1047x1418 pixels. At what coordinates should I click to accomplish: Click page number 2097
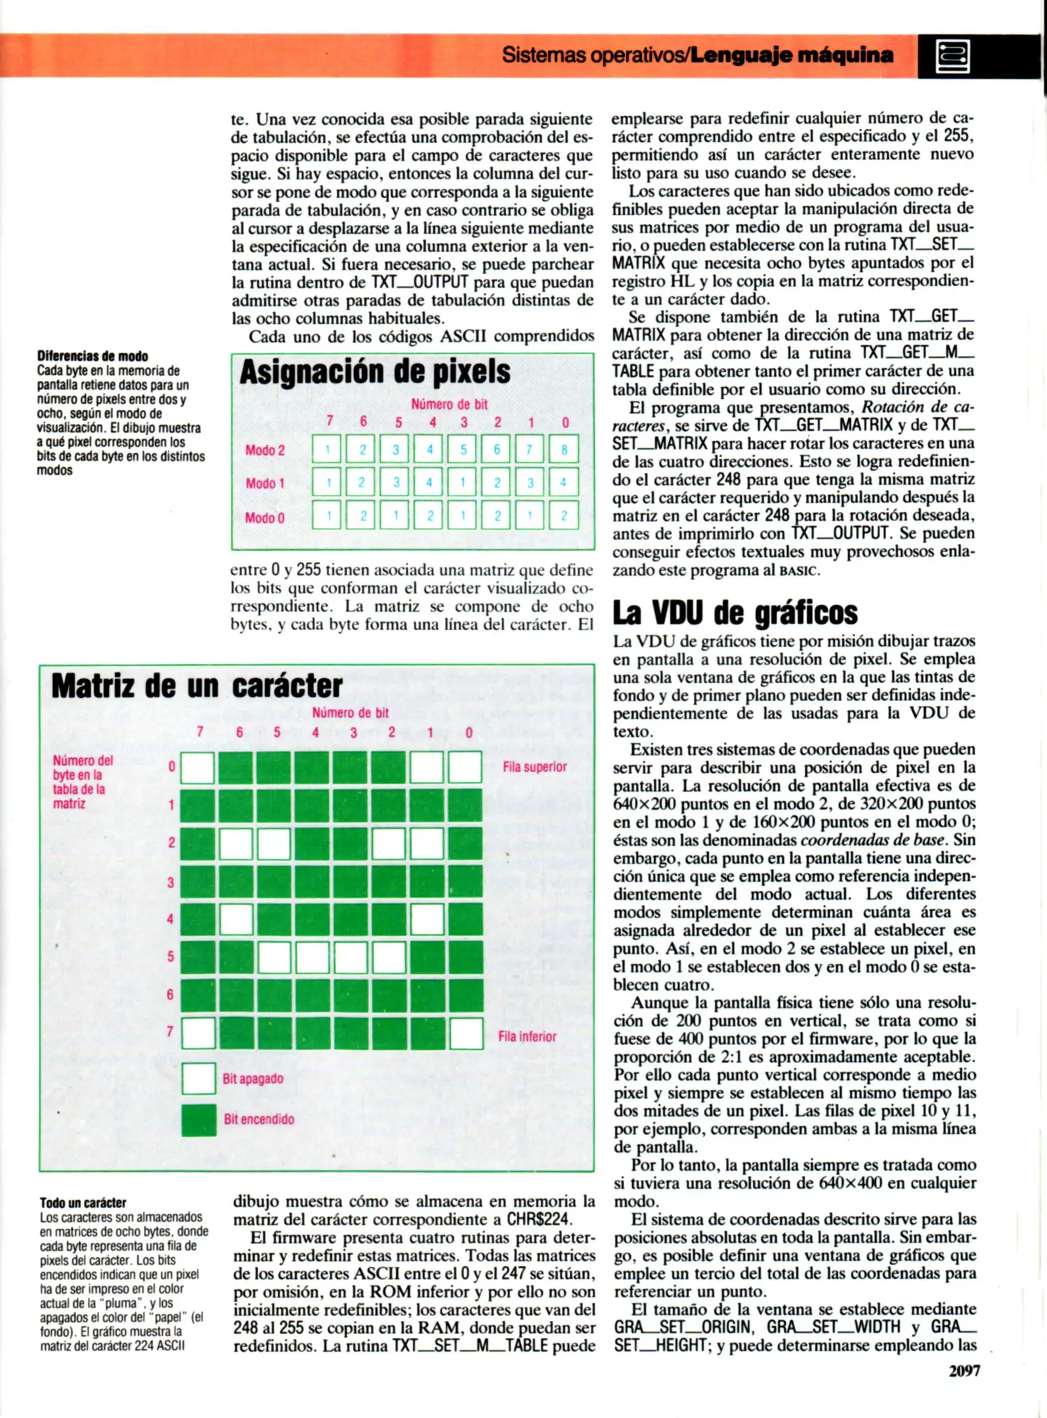point(964,1370)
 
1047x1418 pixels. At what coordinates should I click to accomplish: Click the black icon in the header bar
point(952,56)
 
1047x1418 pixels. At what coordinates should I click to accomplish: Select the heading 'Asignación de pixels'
point(375,372)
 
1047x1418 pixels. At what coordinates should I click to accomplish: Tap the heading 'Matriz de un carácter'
point(197,686)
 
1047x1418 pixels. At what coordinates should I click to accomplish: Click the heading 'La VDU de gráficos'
point(735,612)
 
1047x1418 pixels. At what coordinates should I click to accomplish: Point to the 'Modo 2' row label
point(265,450)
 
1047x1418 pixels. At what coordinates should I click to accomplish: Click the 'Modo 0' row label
point(265,518)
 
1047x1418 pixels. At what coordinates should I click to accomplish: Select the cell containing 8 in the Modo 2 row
point(564,450)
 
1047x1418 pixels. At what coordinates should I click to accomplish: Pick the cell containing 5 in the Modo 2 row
point(463,450)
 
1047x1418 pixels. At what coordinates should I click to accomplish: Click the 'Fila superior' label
point(534,767)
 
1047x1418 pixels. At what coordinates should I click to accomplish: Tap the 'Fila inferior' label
point(526,1037)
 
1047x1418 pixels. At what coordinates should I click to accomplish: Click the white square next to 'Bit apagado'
point(198,1079)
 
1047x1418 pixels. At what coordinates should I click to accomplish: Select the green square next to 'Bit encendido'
point(198,1120)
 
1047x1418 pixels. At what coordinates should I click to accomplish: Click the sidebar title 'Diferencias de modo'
point(92,356)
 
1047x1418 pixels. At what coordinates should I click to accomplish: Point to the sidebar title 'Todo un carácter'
point(83,1203)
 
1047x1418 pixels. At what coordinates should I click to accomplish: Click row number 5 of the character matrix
point(170,956)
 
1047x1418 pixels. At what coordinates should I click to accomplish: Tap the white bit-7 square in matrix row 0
point(198,767)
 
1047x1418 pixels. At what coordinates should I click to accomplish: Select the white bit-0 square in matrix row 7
point(466,1034)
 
